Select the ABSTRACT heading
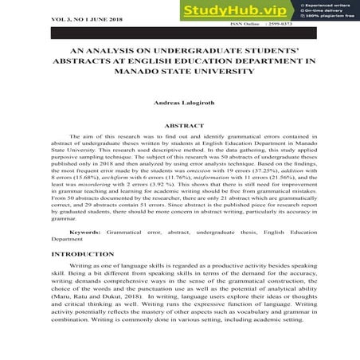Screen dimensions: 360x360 178,126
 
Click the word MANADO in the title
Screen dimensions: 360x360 139,72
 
